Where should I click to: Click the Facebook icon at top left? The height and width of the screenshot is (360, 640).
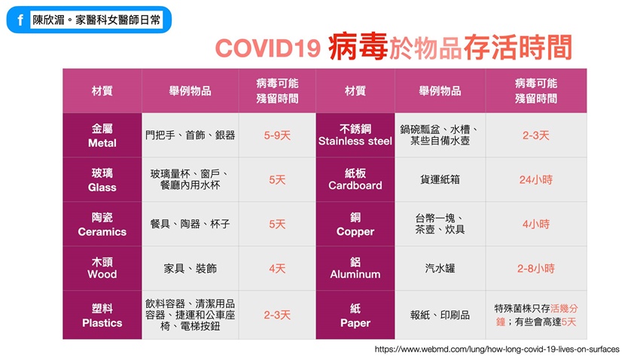(x=20, y=20)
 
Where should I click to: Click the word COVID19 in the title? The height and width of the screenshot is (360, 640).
(x=268, y=48)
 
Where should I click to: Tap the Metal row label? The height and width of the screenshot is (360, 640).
(x=102, y=136)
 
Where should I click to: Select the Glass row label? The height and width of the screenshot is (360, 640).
(x=102, y=180)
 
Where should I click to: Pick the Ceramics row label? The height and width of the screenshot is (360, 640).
(x=102, y=224)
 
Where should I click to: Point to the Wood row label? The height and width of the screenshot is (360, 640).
(x=102, y=268)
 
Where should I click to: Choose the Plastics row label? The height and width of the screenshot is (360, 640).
(x=102, y=316)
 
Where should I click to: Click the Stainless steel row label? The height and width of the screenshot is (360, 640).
(x=355, y=135)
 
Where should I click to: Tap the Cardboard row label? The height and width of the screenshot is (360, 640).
(x=355, y=179)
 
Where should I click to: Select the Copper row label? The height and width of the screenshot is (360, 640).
(x=355, y=224)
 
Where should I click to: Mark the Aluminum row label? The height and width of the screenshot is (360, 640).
(x=355, y=268)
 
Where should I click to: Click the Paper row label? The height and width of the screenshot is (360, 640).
(x=355, y=316)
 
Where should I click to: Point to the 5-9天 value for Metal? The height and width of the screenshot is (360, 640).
(x=277, y=136)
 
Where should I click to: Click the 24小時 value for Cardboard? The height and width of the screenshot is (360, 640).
(x=536, y=179)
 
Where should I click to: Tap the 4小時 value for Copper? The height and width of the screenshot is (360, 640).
(x=536, y=224)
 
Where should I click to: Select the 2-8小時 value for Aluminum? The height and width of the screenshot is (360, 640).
(x=536, y=268)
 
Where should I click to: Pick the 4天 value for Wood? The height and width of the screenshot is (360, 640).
(x=277, y=269)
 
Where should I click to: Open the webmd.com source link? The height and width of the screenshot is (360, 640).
(x=497, y=349)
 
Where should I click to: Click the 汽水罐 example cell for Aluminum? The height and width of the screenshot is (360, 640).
(x=440, y=268)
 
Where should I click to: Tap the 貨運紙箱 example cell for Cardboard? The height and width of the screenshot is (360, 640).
(x=440, y=179)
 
